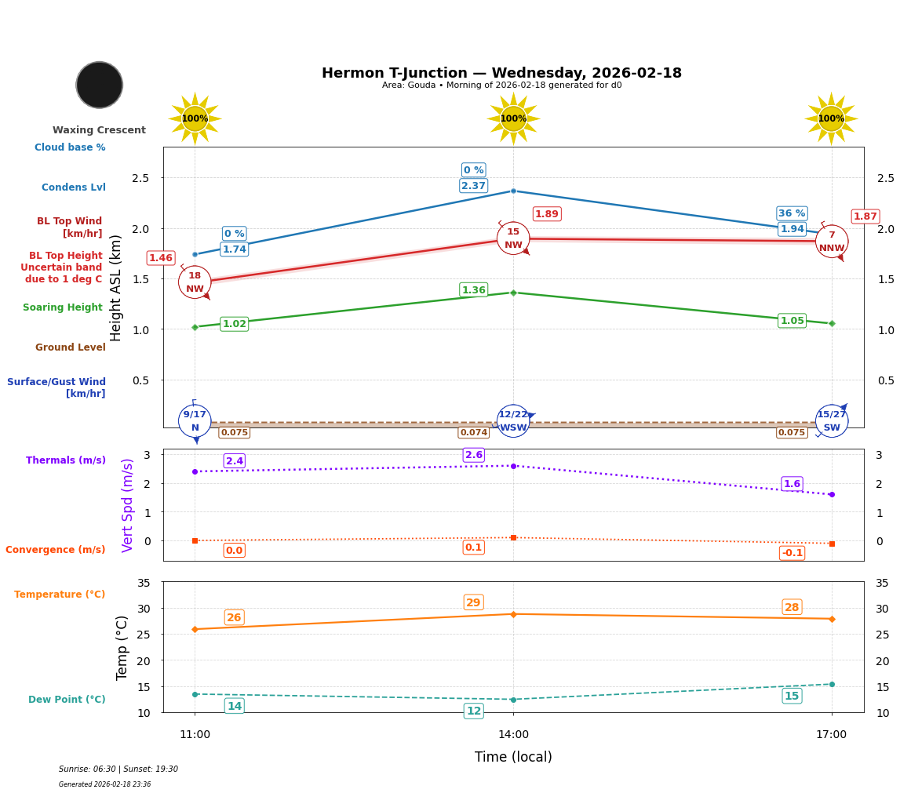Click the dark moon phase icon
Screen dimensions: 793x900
point(100,85)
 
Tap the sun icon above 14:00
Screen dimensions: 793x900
point(513,118)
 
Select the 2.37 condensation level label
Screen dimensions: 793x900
point(473,186)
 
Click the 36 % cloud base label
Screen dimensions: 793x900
point(792,213)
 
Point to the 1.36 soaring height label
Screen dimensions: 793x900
point(473,290)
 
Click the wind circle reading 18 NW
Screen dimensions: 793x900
point(195,282)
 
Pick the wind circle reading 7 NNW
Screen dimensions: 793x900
point(832,242)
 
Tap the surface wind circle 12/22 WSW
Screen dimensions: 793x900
point(513,421)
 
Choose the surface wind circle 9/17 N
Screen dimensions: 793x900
point(195,421)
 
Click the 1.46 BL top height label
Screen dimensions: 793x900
point(161,258)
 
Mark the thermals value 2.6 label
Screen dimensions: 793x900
point(474,455)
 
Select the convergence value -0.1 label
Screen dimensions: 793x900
point(792,553)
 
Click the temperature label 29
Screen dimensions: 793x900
point(473,602)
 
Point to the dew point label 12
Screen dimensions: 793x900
point(474,711)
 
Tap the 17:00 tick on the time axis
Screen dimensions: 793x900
point(831,735)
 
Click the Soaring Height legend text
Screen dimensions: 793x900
point(63,307)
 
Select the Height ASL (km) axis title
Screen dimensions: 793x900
point(116,288)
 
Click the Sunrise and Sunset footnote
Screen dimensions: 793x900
point(118,769)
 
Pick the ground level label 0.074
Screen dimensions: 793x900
point(474,433)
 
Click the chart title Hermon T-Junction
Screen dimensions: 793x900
point(501,73)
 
